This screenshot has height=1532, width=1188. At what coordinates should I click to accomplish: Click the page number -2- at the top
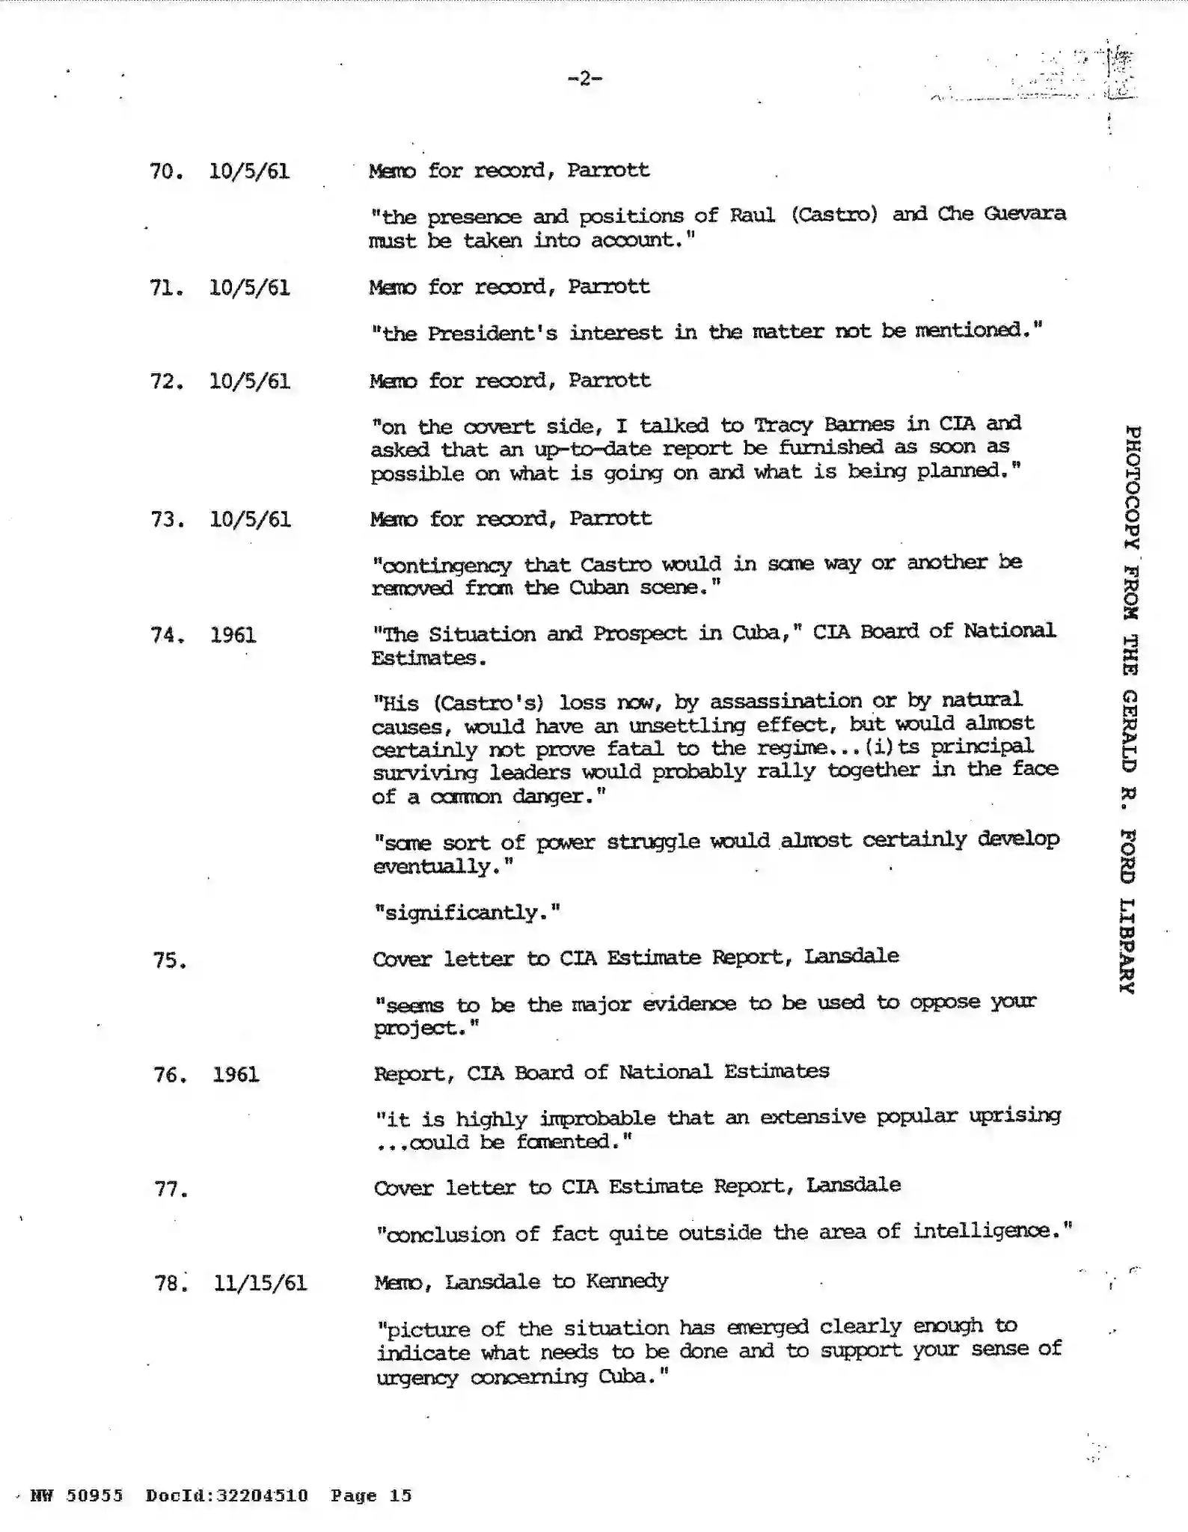click(585, 78)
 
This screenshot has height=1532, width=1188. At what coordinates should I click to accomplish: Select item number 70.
click(165, 171)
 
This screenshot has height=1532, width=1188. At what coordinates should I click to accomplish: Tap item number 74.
click(166, 635)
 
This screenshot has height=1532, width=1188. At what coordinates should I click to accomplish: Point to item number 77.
click(170, 1189)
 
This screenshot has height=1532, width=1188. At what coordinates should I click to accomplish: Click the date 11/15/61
click(260, 1284)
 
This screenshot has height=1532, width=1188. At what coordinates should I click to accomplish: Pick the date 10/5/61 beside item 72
click(250, 382)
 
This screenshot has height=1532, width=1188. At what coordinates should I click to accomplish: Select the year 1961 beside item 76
click(236, 1075)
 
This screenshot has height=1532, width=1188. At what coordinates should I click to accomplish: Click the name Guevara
click(1024, 213)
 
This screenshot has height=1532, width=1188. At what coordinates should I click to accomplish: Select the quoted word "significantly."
click(467, 913)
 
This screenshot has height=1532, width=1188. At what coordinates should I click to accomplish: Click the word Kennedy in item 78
click(627, 1281)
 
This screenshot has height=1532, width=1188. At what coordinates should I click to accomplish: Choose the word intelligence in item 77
click(991, 1231)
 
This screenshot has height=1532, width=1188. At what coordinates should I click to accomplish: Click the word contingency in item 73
click(442, 566)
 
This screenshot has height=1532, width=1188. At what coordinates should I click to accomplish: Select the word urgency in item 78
click(417, 1377)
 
